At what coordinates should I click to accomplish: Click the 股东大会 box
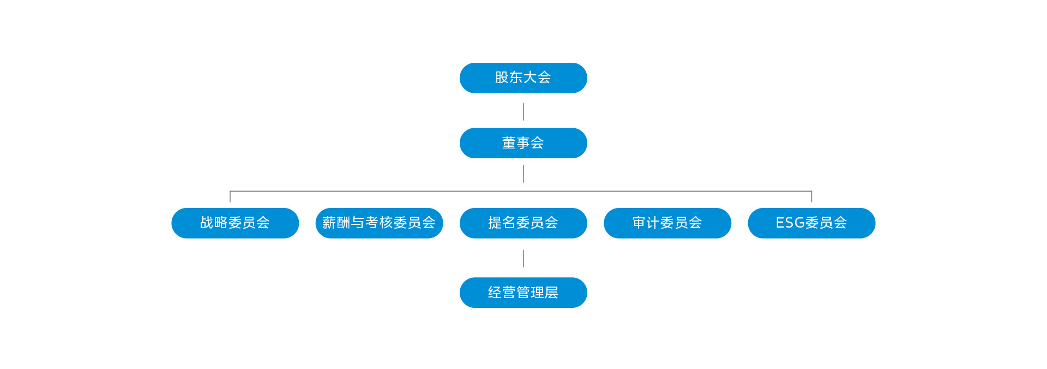(523, 78)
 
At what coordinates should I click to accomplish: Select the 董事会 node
(523, 143)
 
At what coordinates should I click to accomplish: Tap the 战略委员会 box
(235, 223)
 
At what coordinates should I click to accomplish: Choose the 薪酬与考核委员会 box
(379, 223)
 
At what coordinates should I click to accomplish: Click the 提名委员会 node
(523, 223)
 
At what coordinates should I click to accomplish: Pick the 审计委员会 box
(667, 223)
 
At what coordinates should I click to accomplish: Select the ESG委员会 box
(811, 223)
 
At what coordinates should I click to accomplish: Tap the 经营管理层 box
(523, 293)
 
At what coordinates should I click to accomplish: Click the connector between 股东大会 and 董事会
(523, 111)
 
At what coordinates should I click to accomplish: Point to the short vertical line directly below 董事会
(523, 174)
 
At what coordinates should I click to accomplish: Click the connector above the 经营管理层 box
(523, 259)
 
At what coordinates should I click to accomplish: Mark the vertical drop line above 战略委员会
(230, 197)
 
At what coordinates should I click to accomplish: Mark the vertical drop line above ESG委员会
(811, 197)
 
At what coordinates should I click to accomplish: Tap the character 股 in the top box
(502, 78)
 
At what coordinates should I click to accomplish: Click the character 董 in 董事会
(509, 143)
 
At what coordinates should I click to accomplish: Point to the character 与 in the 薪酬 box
(358, 223)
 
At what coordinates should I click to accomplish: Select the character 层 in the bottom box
(551, 293)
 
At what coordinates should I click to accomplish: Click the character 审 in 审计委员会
(639, 223)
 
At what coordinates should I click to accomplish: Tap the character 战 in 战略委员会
(207, 223)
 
